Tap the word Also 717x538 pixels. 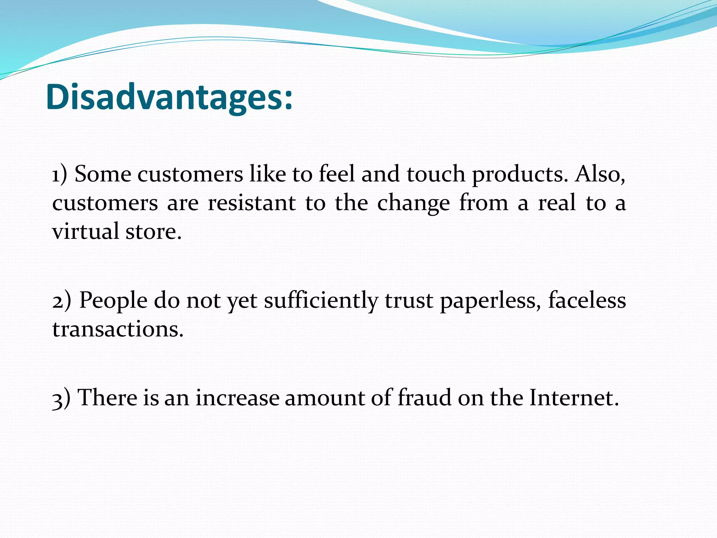click(600, 174)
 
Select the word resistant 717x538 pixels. click(252, 203)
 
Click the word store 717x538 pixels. click(153, 232)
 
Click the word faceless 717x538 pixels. click(587, 301)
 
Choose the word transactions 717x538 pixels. click(118, 330)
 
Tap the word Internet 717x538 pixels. click(573, 398)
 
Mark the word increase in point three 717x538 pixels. click(237, 399)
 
